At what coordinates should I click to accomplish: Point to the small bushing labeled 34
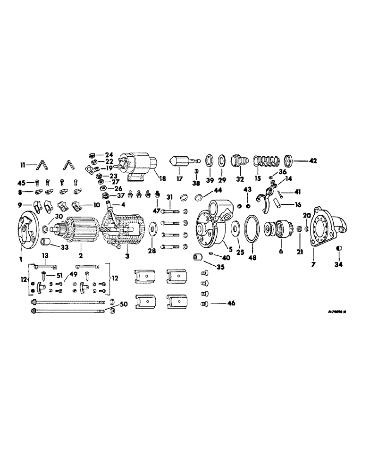click(338, 249)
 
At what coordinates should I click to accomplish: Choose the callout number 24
click(109, 154)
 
